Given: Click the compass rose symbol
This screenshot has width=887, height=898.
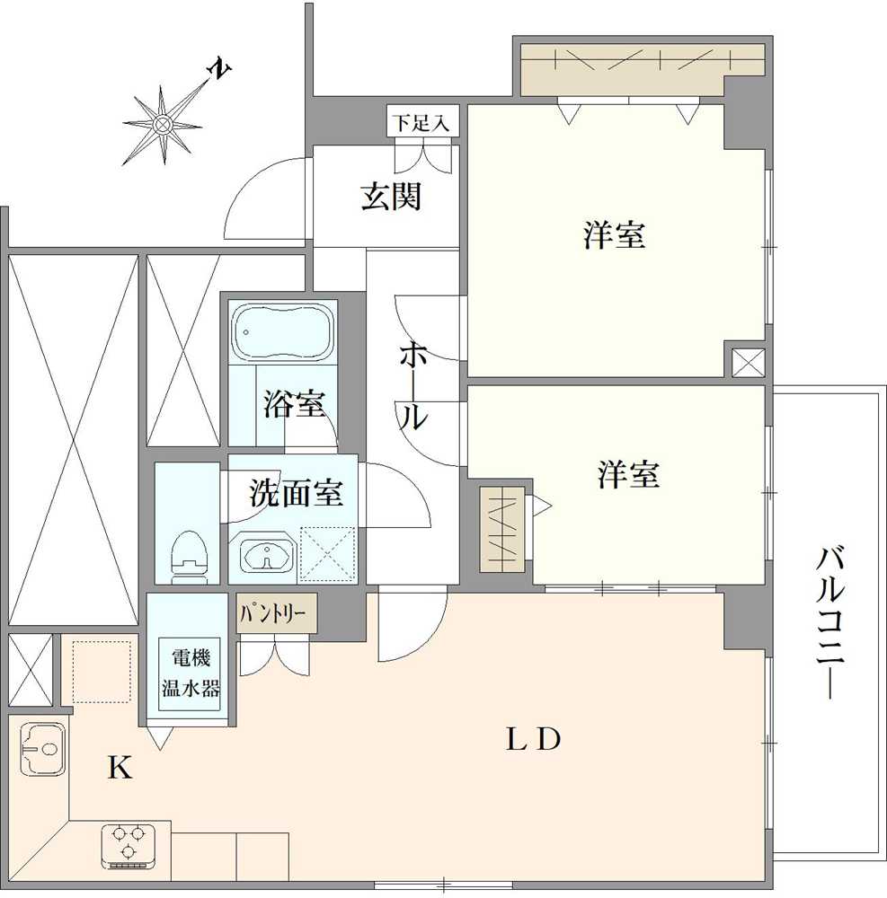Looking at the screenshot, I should coord(163,126).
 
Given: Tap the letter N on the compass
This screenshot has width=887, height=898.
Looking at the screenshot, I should coord(217,69).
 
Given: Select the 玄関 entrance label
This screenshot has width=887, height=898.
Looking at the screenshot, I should coord(391,196).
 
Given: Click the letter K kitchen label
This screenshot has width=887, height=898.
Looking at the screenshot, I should coord(120,769).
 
